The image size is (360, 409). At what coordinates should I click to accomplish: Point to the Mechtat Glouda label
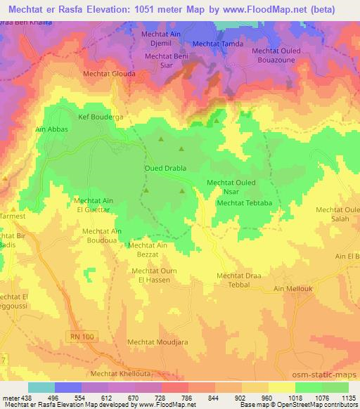108,73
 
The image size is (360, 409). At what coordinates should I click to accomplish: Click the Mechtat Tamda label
217,44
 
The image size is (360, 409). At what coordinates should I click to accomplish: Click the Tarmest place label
11,216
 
